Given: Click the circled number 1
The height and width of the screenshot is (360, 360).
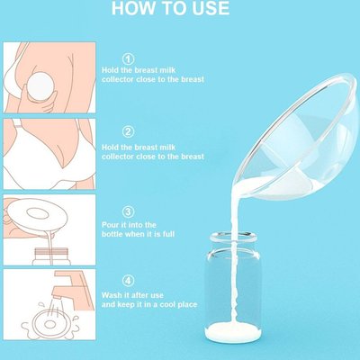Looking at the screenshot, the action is tap(129, 58).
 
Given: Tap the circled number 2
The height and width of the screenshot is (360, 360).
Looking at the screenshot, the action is tap(129, 132).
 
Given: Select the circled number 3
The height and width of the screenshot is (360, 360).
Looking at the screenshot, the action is tap(129, 212).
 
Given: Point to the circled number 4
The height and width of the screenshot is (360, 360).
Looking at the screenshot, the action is tap(129, 281).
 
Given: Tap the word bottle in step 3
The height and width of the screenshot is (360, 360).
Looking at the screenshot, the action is tap(112, 234).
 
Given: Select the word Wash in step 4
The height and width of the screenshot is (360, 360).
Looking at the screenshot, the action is tap(112, 295).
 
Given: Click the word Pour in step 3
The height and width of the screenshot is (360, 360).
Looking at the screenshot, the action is tap(110, 225).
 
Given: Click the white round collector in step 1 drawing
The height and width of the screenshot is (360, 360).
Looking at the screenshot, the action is tap(40, 85).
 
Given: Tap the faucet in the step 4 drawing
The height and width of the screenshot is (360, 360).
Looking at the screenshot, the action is tap(72, 284).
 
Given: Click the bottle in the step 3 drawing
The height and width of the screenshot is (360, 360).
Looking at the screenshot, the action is tap(51, 256).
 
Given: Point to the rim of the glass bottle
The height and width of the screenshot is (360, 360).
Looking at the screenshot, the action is tap(233, 237).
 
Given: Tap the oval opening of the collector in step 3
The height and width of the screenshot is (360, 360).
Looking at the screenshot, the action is tap(38, 213).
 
